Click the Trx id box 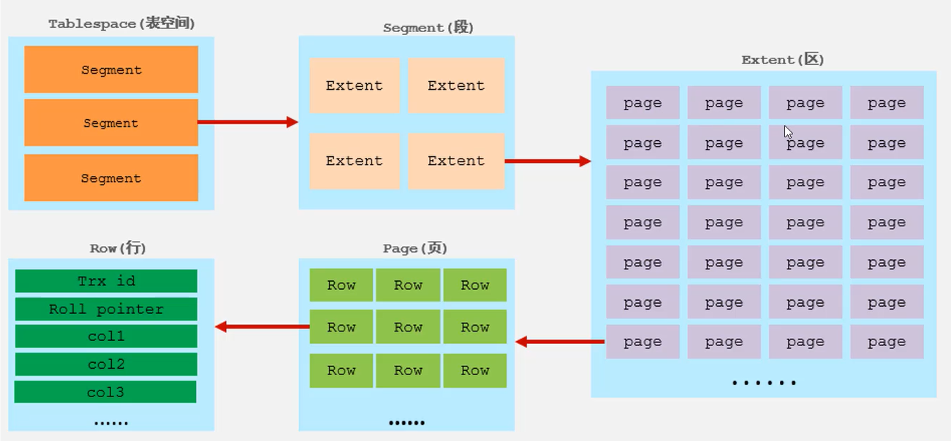[106, 280]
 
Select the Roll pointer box [106, 309]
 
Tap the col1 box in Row [106, 337]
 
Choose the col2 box [106, 364]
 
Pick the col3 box [105, 392]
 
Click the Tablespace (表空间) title [121, 23]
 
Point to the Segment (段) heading [428, 28]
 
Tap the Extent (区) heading [782, 59]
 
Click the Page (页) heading [414, 248]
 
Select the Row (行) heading [118, 248]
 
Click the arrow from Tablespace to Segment [248, 122]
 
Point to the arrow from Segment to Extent [548, 161]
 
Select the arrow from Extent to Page [560, 342]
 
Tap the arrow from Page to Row [262, 327]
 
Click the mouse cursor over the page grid [789, 132]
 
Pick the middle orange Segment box [111, 123]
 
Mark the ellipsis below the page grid [764, 383]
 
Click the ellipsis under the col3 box [111, 423]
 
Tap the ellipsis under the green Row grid [406, 423]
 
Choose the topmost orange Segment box [111, 69]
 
